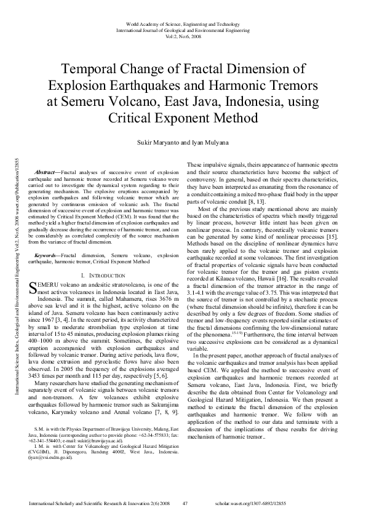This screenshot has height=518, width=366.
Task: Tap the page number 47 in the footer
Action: (185, 503)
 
